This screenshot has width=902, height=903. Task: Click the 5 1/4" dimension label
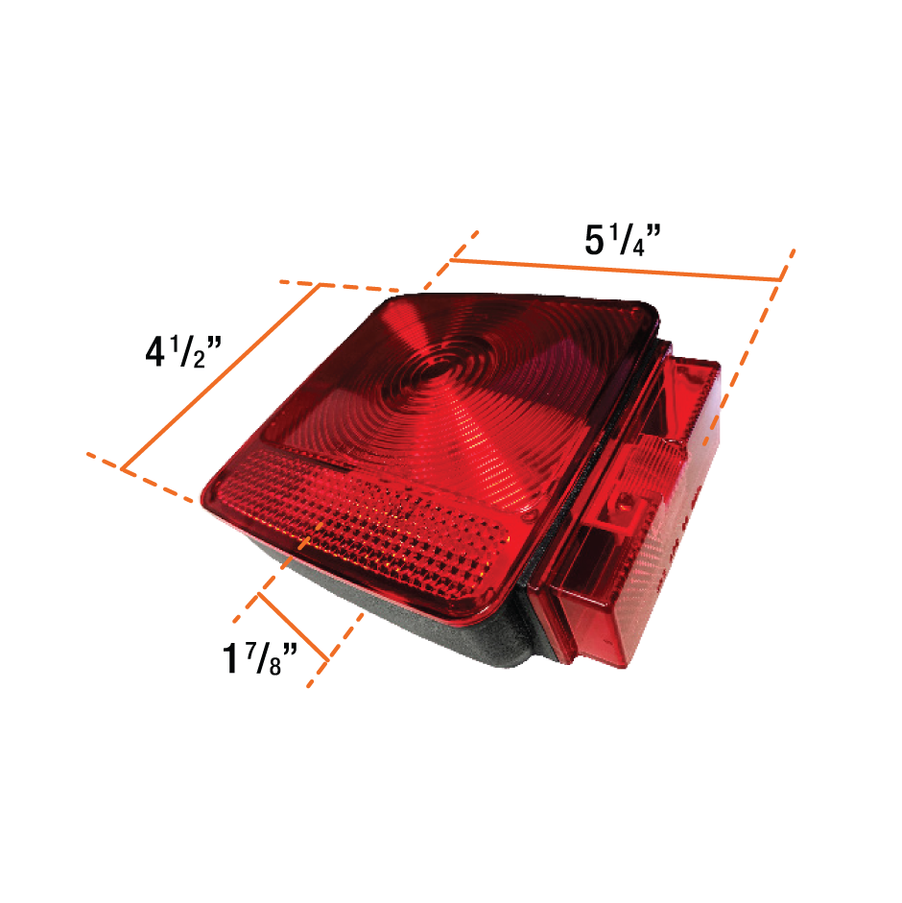tap(623, 240)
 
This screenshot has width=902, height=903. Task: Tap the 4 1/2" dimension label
tap(183, 350)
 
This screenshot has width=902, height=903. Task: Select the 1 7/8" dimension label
tap(260, 657)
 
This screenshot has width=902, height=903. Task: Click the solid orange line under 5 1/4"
tap(616, 270)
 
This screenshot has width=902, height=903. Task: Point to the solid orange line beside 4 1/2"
tap(221, 377)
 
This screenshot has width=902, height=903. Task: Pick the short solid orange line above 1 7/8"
tap(294, 627)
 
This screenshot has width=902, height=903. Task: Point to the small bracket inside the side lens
tap(619, 510)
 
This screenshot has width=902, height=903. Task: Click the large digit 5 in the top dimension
tap(594, 240)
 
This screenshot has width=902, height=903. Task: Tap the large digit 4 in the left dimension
tap(154, 351)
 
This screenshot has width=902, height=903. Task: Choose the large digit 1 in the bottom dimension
tap(230, 658)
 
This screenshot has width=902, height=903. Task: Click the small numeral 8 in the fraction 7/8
tap(275, 666)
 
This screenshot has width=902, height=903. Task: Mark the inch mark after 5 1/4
tap(653, 231)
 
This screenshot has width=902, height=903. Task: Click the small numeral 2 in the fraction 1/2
tap(200, 360)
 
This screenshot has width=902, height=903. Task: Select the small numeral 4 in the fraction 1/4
tap(639, 249)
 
